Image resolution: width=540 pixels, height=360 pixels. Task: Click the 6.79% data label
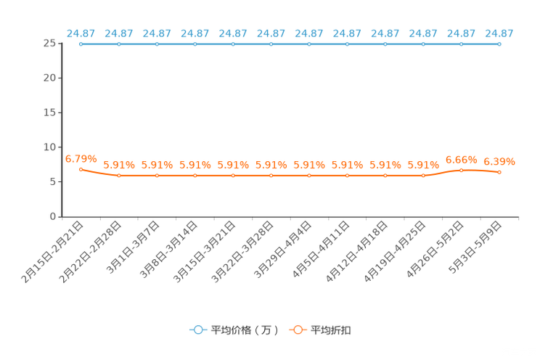coord(81,159)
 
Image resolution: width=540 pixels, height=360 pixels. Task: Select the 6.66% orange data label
coord(462,160)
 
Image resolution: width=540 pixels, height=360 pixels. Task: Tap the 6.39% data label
coord(499,162)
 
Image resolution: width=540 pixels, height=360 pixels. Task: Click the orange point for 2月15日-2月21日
coord(81,170)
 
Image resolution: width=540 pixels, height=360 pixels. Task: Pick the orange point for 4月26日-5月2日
coord(462,170)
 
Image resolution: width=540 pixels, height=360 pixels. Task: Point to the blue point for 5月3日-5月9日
coord(499,44)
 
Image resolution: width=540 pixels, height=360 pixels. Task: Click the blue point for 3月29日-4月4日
coord(309,44)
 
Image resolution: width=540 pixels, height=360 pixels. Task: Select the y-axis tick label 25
coord(49,44)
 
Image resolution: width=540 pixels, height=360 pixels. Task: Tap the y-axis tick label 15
coord(49,112)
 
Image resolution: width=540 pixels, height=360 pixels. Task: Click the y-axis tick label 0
coord(53,216)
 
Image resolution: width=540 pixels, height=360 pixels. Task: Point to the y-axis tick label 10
coord(49,147)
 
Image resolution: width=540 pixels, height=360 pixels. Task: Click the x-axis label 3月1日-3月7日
coord(133,247)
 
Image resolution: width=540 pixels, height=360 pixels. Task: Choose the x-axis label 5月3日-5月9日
coord(475,247)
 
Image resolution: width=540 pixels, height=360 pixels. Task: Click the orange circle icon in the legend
coord(298,330)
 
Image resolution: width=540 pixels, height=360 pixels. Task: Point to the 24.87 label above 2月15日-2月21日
coord(81,33)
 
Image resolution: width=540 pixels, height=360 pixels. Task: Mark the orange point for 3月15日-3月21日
coord(233,176)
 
